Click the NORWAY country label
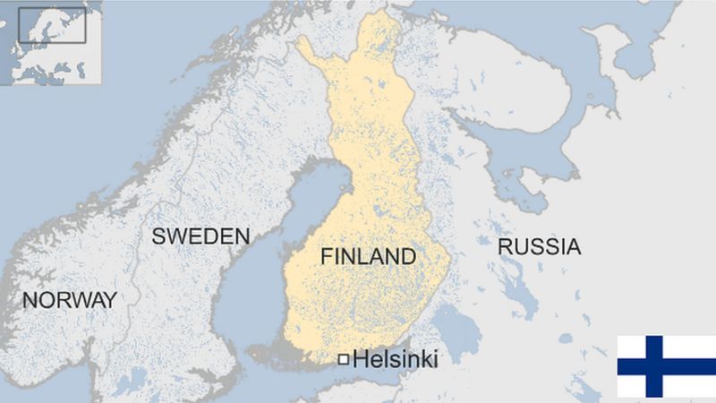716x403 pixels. coord(69,300)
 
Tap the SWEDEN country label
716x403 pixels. coord(200,236)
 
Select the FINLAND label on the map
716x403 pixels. coord(368,257)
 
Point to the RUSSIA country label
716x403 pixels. coord(539,247)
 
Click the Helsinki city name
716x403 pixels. coord(396,360)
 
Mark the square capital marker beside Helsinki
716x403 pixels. coord(343,360)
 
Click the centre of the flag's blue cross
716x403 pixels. coord(653,366)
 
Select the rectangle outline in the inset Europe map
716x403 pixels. coord(52,25)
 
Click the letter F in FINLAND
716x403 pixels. coord(327,257)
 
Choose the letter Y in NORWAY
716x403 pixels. coord(110,300)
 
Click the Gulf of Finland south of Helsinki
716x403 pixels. coord(385,381)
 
